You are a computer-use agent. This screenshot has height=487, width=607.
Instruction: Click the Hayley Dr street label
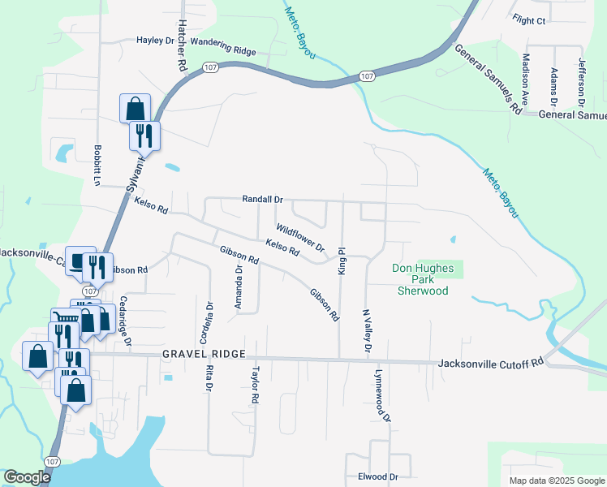[156, 40]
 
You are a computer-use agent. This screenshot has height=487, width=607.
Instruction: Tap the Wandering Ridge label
[224, 50]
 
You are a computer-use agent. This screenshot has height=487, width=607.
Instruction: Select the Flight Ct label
[530, 20]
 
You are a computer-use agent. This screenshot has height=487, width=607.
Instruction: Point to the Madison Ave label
[526, 79]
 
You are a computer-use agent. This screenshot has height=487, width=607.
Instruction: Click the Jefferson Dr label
[581, 82]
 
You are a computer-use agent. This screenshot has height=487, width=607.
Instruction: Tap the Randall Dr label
[262, 199]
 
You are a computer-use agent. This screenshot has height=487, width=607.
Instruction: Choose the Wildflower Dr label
[299, 237]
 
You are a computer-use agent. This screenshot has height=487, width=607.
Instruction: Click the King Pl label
[342, 261]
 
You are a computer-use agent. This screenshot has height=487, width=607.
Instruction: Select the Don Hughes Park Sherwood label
[422, 279]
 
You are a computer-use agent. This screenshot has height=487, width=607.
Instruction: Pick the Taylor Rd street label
[255, 386]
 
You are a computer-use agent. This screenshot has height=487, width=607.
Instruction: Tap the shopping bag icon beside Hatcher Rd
[135, 108]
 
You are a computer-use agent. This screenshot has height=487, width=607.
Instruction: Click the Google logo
[27, 477]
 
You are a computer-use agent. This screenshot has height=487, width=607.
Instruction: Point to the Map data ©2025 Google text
[556, 481]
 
